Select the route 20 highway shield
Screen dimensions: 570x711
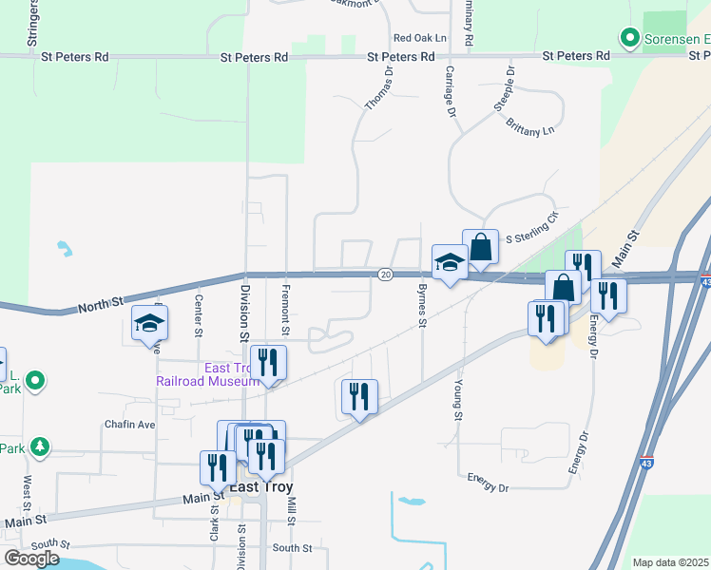click(385, 275)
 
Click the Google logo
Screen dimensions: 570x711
click(31, 559)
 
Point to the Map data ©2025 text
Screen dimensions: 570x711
click(670, 562)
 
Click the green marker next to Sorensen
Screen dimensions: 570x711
click(628, 39)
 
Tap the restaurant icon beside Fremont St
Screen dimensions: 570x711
click(269, 362)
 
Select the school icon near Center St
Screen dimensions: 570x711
click(149, 324)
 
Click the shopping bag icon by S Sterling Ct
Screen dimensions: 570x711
click(481, 247)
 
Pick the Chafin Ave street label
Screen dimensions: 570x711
click(130, 425)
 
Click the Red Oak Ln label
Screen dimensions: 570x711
click(419, 38)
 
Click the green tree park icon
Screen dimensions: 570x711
click(39, 446)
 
